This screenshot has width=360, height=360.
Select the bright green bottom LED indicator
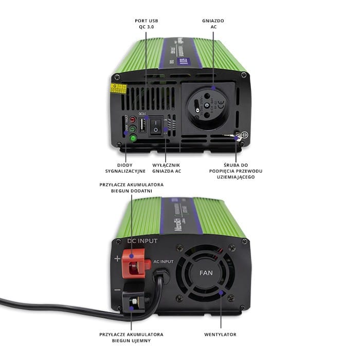[x=133, y=138]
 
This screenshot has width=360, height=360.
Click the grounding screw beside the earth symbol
[x=238, y=136]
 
